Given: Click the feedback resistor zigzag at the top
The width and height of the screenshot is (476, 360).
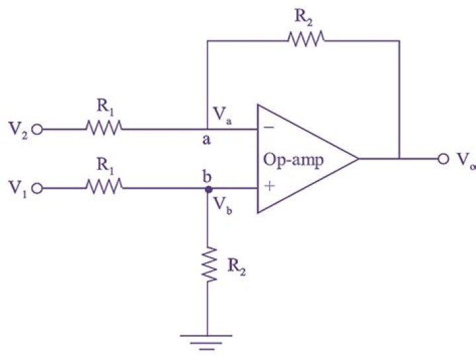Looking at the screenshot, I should click(307, 41).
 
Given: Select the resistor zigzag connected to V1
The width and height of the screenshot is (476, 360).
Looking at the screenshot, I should click(104, 189).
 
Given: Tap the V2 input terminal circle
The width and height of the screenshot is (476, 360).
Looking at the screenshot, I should click(37, 130).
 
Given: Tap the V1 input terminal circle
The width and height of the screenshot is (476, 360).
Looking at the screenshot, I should click(37, 189).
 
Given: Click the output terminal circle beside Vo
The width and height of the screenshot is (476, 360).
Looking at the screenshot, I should click(442, 159).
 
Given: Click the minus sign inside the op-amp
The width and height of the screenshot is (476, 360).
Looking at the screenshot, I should click(270, 129).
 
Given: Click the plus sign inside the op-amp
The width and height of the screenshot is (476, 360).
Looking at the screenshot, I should click(270, 188).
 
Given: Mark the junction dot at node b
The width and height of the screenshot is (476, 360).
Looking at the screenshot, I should click(208, 189).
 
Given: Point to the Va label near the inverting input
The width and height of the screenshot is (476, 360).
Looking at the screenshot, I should click(223, 115).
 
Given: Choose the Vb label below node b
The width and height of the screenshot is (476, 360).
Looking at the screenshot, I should click(223, 205).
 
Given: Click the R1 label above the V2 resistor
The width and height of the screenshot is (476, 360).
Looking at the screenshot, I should click(104, 106).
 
